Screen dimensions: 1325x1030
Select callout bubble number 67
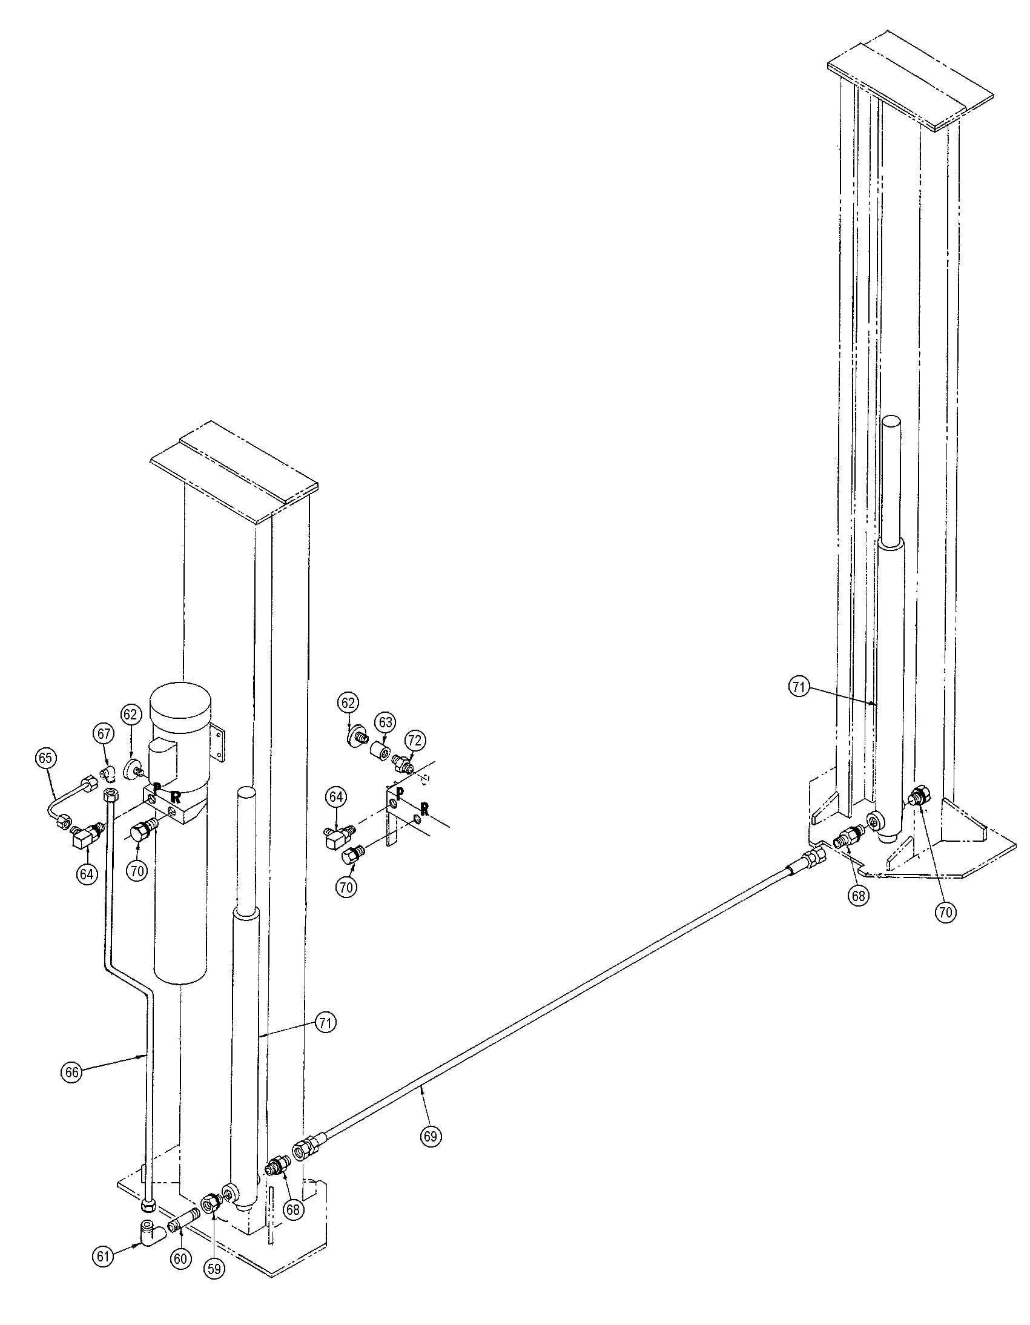[x=103, y=733]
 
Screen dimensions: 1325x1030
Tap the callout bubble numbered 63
[x=385, y=722]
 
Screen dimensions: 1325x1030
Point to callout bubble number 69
[x=430, y=1135]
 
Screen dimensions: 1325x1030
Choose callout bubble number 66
[x=71, y=1072]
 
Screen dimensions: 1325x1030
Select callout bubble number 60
[x=180, y=1259]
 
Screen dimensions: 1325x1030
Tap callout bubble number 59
[x=214, y=1269]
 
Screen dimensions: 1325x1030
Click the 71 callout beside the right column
[x=799, y=687]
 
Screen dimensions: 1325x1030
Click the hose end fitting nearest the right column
[x=811, y=857]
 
